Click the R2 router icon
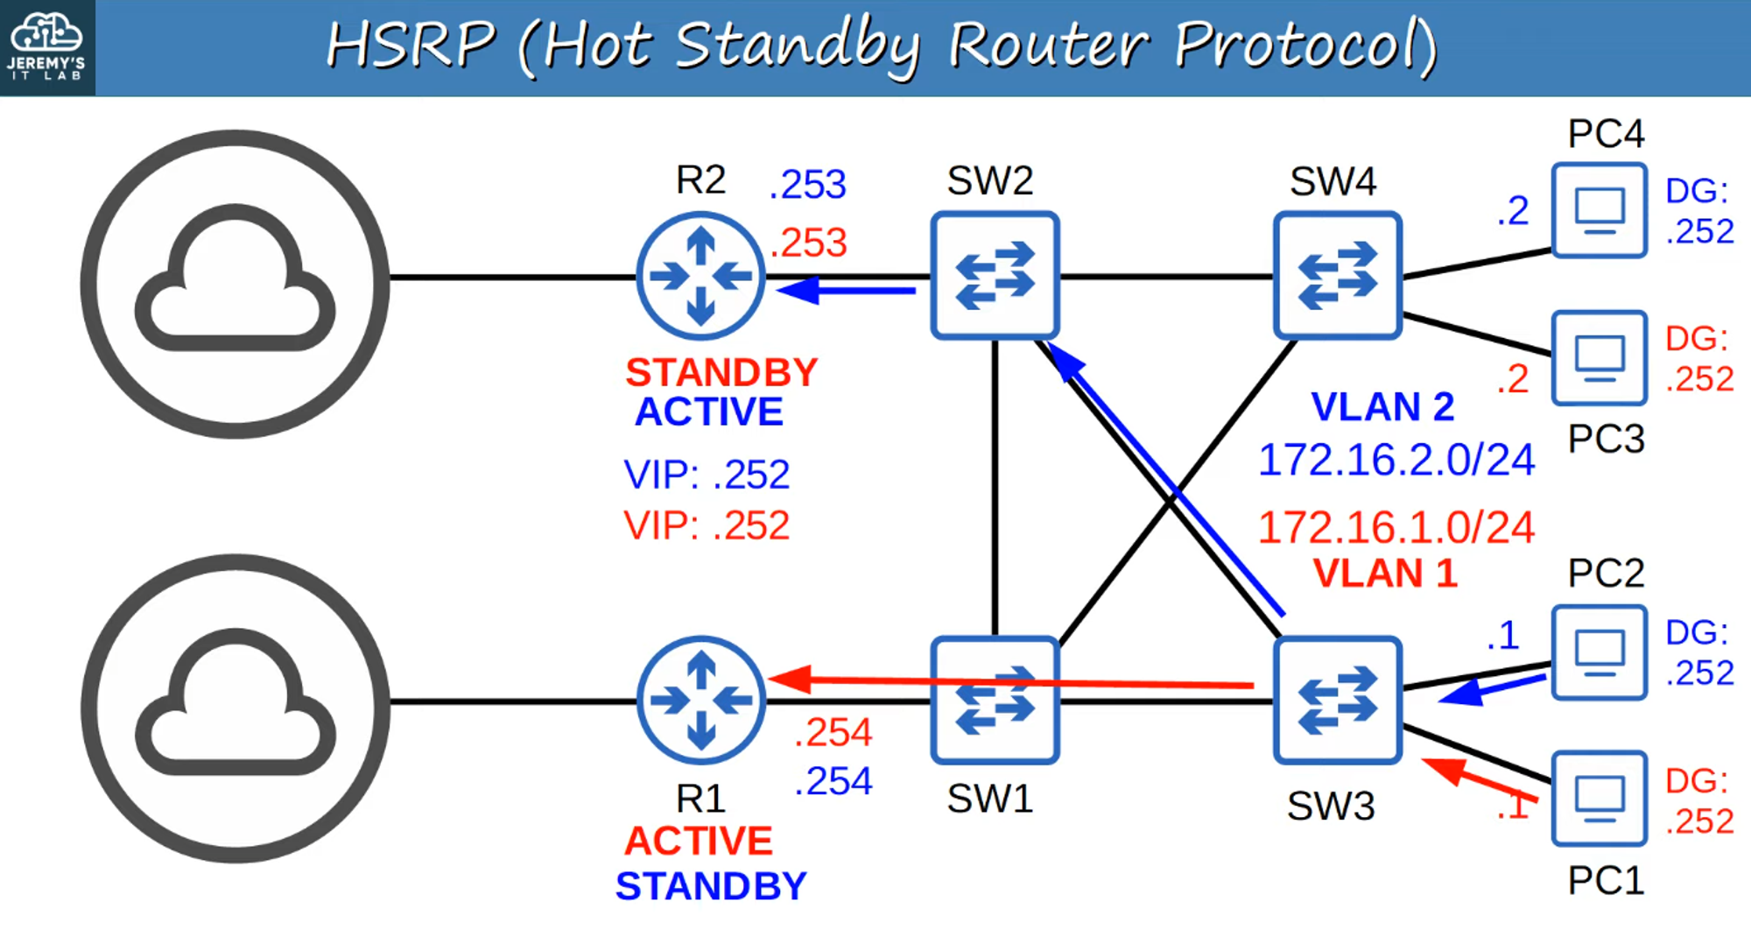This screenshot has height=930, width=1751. tap(700, 277)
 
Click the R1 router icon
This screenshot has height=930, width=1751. tap(700, 700)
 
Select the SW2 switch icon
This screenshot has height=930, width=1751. tap(995, 276)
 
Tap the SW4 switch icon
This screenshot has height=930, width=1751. tap(1338, 276)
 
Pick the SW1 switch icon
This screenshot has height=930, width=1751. tap(995, 701)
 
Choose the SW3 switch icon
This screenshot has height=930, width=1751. tap(1338, 701)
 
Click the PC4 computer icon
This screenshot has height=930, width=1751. tap(1600, 210)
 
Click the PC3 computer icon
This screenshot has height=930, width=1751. tap(1600, 357)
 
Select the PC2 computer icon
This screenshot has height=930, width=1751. tap(1600, 652)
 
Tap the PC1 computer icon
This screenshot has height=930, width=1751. tap(1600, 799)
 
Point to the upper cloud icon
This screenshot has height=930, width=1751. tap(235, 284)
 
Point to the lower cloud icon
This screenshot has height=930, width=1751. tap(235, 708)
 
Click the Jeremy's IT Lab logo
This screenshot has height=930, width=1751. tap(46, 47)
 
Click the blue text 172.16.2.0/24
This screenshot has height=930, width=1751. tap(1396, 460)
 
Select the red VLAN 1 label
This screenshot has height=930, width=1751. tap(1385, 574)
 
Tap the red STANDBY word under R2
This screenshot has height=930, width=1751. tap(721, 373)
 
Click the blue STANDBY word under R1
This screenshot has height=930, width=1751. tap(711, 886)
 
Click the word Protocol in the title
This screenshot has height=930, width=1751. tap(1304, 46)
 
